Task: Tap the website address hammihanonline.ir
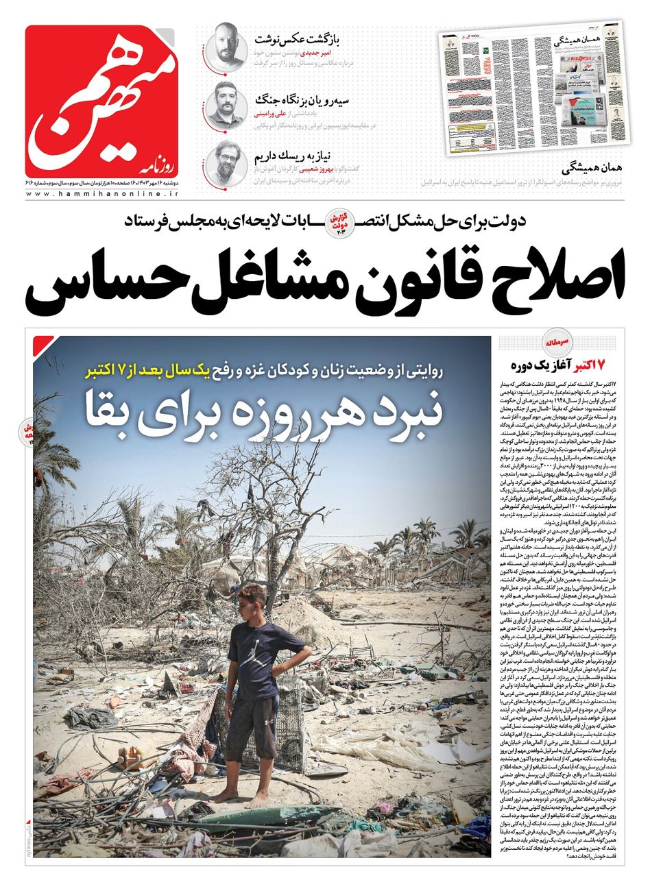click(x=103, y=195)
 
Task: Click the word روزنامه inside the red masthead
click(x=160, y=163)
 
